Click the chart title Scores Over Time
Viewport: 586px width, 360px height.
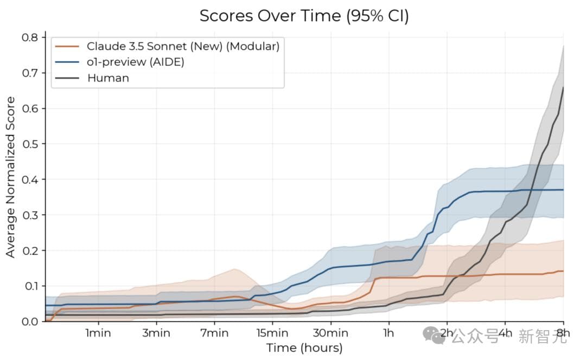tap(304, 16)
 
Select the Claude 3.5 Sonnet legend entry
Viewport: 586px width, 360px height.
tap(183, 47)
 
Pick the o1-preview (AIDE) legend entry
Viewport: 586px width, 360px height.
tap(136, 62)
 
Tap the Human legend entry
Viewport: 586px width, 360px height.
tap(108, 78)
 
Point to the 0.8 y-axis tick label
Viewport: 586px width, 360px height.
tap(30, 38)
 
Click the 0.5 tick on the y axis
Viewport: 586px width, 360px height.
tap(30, 144)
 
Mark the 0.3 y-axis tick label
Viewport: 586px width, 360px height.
tap(30, 215)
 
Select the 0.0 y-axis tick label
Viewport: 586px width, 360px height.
tap(30, 322)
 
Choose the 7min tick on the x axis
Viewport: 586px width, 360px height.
tap(214, 333)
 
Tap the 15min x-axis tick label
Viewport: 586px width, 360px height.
tap(272, 333)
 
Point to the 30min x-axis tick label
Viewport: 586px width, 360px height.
tap(330, 333)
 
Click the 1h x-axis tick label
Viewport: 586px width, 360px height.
tap(388, 333)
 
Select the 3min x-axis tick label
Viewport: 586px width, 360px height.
tap(156, 333)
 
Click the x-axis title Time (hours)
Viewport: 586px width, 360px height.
tap(304, 348)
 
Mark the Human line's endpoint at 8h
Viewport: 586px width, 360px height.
tap(563, 87)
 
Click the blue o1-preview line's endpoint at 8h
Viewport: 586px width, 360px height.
tap(563, 190)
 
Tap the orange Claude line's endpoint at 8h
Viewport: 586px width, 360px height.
tap(563, 271)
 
